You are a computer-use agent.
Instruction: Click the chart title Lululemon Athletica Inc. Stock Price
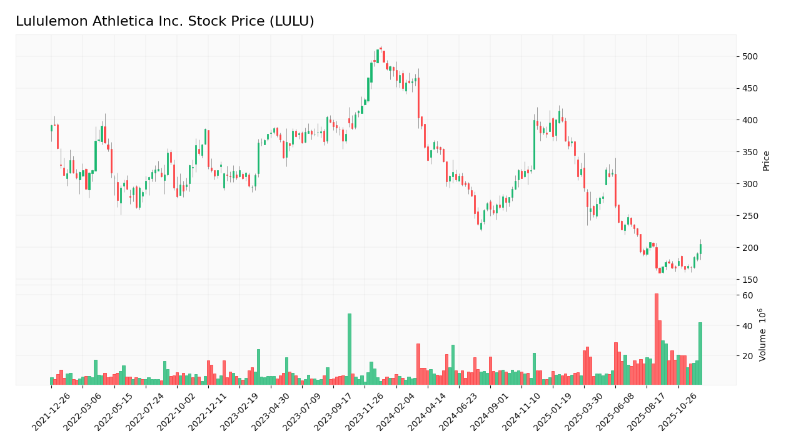[x=164, y=22]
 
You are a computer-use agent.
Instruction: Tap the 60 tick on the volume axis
[x=747, y=295]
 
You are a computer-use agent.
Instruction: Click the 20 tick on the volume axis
[x=747, y=356]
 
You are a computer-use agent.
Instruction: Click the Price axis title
[x=766, y=160]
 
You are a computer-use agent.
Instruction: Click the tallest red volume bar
[x=656, y=339]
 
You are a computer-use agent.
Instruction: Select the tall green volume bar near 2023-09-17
[x=350, y=349]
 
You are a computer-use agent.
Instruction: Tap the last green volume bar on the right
[x=700, y=354]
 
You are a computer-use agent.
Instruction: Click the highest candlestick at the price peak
[x=381, y=48]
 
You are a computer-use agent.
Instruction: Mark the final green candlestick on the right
[x=700, y=248]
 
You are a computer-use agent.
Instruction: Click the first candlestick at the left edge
[x=51, y=128]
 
